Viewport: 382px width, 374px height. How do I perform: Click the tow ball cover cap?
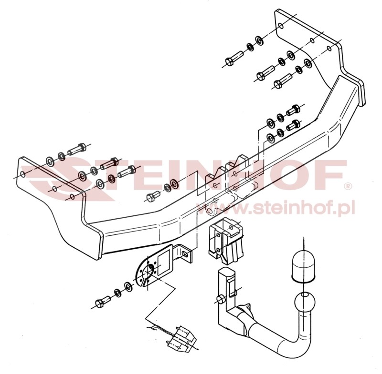[x=303, y=267]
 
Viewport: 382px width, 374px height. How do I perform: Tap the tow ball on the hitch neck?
[x=305, y=303]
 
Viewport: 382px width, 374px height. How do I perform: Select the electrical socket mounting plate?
[x=153, y=266]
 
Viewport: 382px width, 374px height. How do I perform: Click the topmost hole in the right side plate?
[x=281, y=25]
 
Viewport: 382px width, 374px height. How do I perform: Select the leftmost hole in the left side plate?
[x=22, y=174]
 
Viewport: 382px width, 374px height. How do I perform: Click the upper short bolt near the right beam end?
[x=293, y=110]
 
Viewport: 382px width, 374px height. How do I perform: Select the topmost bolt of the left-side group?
[x=77, y=149]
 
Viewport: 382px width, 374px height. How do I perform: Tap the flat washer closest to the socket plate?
[x=128, y=287]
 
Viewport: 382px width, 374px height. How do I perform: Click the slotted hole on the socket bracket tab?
[x=185, y=255]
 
